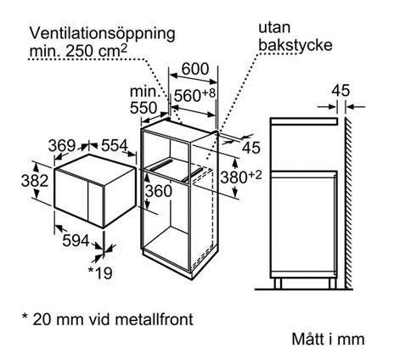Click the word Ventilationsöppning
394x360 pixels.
point(103,34)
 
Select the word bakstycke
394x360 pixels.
point(295,45)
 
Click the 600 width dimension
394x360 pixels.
point(195,69)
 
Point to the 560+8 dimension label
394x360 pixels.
point(194,95)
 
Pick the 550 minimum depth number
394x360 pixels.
point(144,108)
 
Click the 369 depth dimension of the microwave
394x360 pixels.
point(62,146)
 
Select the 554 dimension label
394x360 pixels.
point(115,146)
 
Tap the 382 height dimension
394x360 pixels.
point(35,181)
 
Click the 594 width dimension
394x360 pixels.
point(76,241)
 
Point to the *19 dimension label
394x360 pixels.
point(100,273)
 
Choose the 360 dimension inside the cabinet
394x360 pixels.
point(159,191)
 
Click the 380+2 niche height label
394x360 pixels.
point(241,177)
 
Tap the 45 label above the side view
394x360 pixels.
point(341,91)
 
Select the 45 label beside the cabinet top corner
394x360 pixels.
point(250,148)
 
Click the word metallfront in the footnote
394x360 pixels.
point(155,319)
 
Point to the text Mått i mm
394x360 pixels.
point(328,339)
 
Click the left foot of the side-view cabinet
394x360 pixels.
point(278,283)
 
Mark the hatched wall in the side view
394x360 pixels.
point(348,202)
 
